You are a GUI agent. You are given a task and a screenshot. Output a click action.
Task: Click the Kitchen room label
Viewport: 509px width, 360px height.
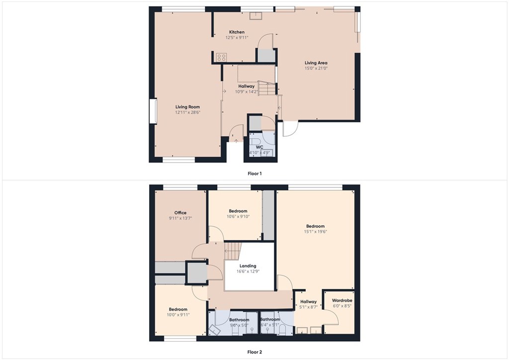coord(237,32)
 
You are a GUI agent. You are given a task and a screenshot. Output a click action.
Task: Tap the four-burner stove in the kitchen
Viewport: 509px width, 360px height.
coord(221,57)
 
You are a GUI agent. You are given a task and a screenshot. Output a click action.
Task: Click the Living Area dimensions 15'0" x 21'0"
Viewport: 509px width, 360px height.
coord(316,68)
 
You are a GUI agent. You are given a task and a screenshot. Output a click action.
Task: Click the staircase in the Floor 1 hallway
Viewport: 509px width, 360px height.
coord(268,90)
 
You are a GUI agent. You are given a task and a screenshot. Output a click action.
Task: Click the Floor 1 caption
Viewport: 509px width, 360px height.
coord(254,174)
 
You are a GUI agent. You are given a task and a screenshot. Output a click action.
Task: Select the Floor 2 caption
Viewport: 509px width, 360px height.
coord(254,352)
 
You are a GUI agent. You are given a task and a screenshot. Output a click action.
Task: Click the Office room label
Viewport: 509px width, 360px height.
coord(180,213)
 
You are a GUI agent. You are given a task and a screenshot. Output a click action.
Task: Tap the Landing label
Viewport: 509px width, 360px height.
coord(248,266)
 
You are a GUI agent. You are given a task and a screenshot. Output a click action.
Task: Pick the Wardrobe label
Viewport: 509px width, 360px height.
coord(342,301)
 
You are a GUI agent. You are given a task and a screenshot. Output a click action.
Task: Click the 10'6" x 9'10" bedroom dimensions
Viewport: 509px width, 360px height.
coord(238,216)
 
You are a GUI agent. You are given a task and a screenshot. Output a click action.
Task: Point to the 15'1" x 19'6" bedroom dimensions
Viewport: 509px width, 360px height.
coord(316,231)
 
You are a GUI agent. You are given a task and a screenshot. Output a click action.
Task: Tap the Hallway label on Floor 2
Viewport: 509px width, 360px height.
coord(309,302)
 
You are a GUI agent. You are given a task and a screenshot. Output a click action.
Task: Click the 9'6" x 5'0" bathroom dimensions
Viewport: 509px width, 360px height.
coord(239,325)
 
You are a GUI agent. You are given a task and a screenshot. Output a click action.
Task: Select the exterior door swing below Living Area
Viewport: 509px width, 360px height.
coord(290,128)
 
